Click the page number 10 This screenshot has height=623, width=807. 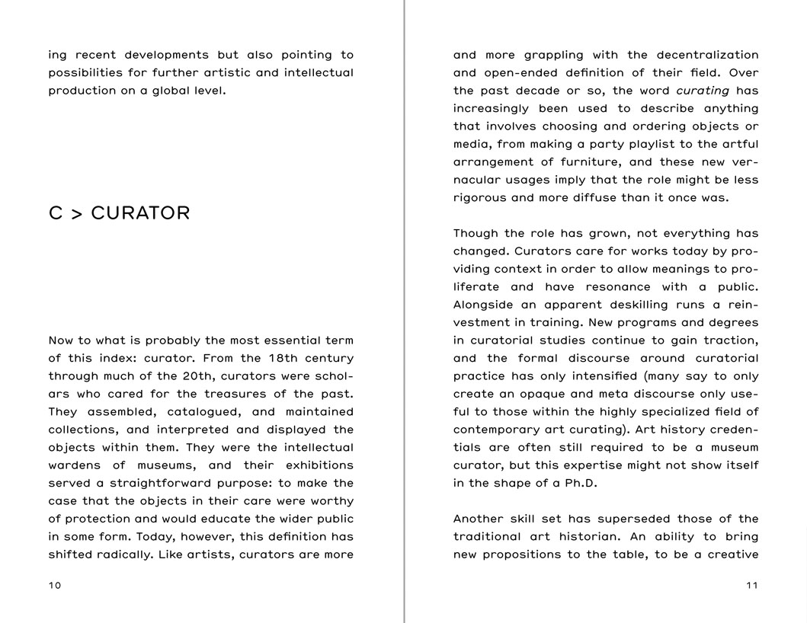[x=55, y=586]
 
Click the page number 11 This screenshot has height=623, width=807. [x=752, y=586]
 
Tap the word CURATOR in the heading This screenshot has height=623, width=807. [x=140, y=213]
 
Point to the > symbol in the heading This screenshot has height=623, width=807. [x=76, y=213]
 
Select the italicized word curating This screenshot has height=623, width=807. [x=703, y=91]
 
